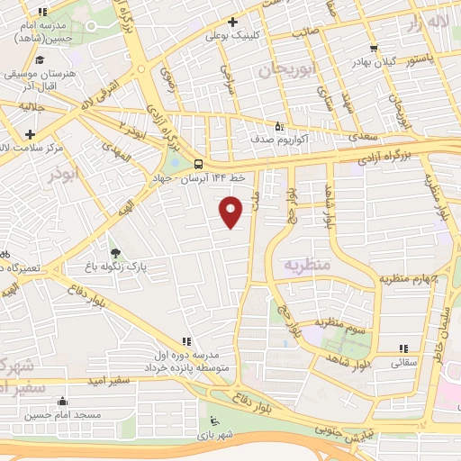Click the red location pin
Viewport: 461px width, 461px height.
coord(231,212)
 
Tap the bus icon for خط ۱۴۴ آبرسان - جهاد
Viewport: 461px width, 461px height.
coord(198,163)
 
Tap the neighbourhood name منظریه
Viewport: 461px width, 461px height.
coord(308,266)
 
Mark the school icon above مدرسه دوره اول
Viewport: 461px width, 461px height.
coord(185,341)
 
